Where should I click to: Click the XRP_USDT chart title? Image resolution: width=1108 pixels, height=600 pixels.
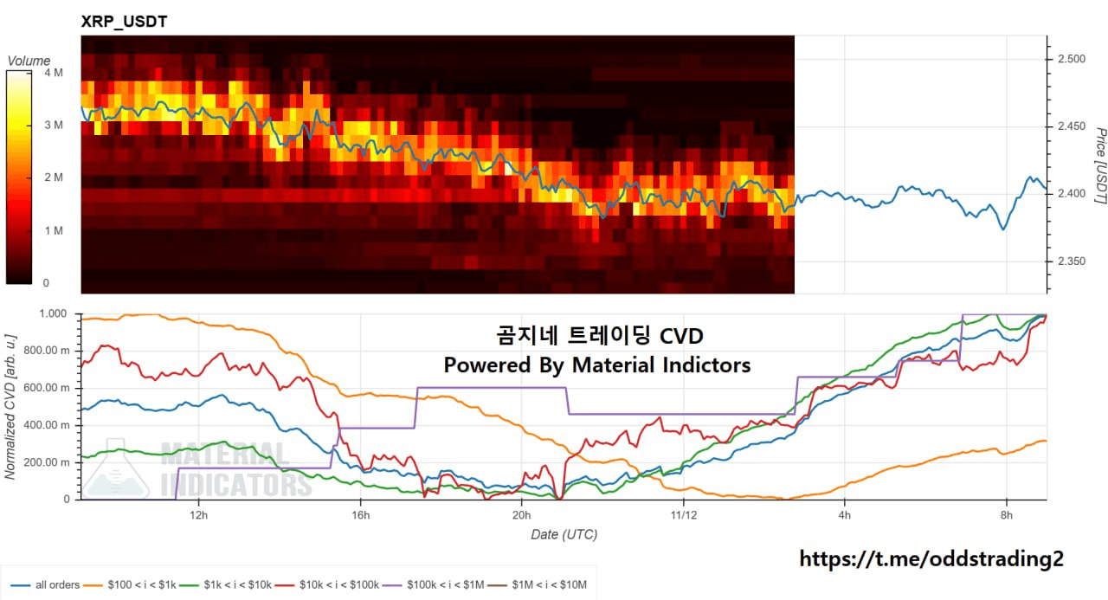pyautogui.click(x=124, y=22)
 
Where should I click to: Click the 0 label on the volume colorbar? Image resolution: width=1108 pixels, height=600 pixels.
pyautogui.click(x=46, y=283)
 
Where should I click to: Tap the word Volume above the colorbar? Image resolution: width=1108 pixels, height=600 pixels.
pyautogui.click(x=29, y=61)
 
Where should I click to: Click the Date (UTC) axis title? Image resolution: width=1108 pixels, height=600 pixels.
pyautogui.click(x=564, y=534)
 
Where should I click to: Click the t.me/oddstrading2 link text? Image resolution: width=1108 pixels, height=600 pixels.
pyautogui.click(x=931, y=559)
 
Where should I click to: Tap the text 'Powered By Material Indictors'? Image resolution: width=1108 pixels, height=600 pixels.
pyautogui.click(x=597, y=365)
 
